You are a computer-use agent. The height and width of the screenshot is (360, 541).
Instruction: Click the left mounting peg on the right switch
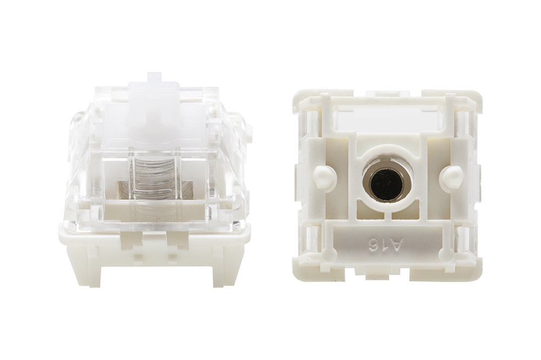(324, 176)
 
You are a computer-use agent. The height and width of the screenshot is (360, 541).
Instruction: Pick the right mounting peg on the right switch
(451, 176)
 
